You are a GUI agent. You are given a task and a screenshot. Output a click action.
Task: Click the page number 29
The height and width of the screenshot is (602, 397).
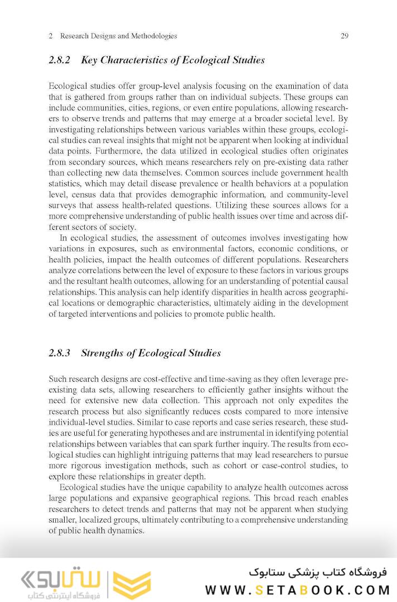pyautogui.click(x=344, y=36)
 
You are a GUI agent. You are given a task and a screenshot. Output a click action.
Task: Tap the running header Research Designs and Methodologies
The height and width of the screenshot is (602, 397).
pyautogui.click(x=118, y=36)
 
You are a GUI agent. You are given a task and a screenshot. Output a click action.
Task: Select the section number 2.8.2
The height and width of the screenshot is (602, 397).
pyautogui.click(x=60, y=60)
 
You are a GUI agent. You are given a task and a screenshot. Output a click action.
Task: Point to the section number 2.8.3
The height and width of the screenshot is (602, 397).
pyautogui.click(x=60, y=353)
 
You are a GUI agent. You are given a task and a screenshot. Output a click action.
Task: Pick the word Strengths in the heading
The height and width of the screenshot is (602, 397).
pyautogui.click(x=104, y=353)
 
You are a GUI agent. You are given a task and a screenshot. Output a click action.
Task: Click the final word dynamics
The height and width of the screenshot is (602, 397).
pyautogui.click(x=128, y=531)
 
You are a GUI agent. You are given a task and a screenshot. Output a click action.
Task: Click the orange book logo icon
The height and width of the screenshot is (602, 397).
pyautogui.click(x=132, y=584)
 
